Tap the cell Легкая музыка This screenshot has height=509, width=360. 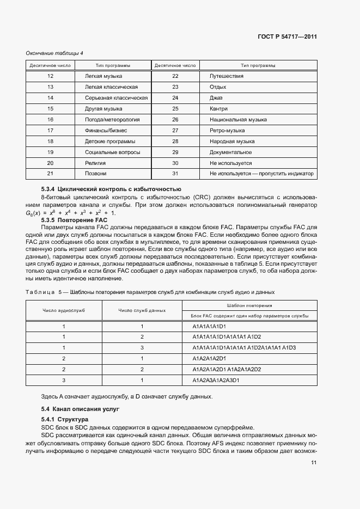coord(103,76)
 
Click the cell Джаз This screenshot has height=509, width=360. coord(216,98)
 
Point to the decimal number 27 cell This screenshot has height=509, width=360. coord(175,130)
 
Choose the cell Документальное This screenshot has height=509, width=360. coord(230,152)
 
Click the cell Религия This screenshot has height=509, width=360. coord(95,163)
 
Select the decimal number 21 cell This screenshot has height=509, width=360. coord(50,174)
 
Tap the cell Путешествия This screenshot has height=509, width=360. coord(226,76)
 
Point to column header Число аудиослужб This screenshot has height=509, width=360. coord(64,310)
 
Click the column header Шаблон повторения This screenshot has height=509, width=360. coord(250,306)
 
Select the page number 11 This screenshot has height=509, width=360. coord(314,462)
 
